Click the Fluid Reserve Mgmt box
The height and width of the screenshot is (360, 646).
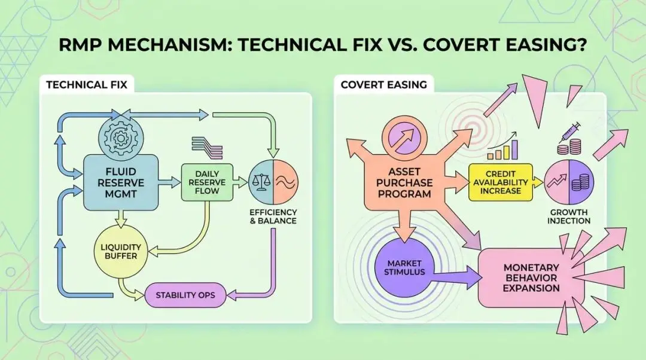pos(120,182)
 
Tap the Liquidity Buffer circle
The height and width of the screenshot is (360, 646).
pos(120,251)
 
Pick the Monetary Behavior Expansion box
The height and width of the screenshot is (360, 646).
pos(531,278)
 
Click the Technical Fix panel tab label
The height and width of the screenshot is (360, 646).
pos(87,84)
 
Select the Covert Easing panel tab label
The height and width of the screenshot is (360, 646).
pos(383,84)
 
